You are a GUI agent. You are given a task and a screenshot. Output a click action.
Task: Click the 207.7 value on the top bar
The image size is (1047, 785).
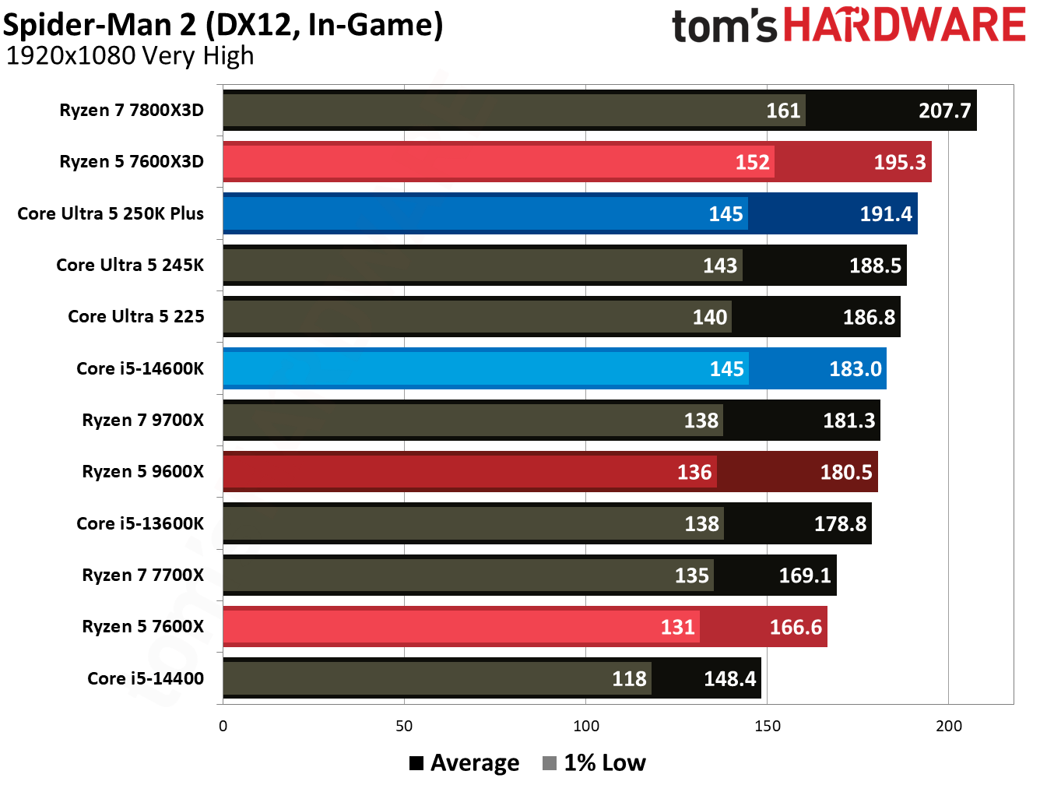(944, 111)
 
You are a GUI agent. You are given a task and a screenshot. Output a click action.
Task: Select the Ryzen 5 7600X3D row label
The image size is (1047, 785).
(132, 162)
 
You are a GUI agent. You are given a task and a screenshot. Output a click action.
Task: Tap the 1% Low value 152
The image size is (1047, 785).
(752, 162)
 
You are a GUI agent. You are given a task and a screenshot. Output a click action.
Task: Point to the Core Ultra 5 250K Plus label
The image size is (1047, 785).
(111, 213)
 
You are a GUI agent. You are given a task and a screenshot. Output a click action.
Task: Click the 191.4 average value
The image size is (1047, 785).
(885, 214)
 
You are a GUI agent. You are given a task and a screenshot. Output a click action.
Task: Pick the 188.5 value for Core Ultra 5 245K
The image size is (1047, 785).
(875, 266)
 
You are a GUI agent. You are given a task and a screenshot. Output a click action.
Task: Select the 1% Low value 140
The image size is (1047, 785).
(709, 317)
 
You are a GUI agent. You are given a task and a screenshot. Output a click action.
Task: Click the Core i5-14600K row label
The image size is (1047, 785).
(140, 368)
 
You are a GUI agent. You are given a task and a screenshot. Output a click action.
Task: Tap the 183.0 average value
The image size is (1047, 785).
(855, 369)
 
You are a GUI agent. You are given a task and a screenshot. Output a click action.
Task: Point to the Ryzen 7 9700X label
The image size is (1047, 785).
(142, 421)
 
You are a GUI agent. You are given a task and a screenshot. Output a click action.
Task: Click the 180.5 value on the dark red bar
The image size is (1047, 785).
(846, 472)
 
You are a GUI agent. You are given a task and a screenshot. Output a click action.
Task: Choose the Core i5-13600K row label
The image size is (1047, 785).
(140, 523)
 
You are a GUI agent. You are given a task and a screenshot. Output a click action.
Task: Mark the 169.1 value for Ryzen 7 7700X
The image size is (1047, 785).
(805, 576)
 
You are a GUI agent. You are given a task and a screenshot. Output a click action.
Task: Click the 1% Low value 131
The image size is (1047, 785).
(677, 627)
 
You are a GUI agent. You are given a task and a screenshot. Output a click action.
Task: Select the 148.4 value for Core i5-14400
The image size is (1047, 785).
(729, 679)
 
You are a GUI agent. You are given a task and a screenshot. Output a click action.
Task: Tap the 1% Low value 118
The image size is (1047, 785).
(629, 679)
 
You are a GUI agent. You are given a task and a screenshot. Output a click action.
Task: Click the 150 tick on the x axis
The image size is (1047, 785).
(767, 727)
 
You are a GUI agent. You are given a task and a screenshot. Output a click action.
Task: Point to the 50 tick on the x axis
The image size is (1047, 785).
(404, 727)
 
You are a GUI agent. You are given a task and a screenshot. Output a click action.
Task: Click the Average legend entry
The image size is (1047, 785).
(465, 763)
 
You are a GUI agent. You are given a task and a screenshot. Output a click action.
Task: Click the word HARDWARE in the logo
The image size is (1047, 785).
(904, 25)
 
